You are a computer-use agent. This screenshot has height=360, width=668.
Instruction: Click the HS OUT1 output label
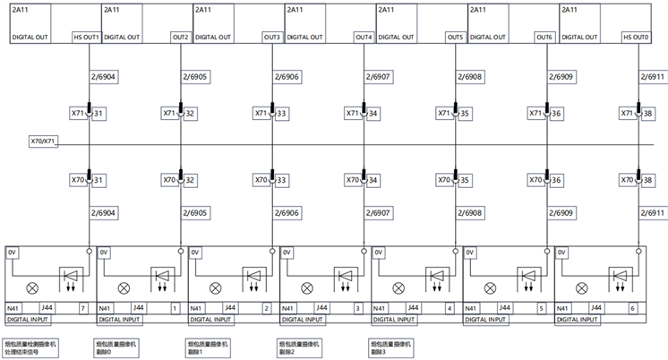86,38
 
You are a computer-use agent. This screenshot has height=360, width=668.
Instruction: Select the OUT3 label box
272,38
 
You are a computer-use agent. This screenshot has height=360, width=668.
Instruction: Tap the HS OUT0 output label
636,38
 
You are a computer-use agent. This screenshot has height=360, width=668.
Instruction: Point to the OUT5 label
455,38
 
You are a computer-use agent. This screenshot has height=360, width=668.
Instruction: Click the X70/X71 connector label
43,141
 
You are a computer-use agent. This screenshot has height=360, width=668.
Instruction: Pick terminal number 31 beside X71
99,114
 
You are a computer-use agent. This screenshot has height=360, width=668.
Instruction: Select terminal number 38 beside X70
649,180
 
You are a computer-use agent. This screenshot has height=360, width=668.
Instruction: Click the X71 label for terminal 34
353,114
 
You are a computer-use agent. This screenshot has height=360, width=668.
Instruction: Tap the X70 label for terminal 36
535,180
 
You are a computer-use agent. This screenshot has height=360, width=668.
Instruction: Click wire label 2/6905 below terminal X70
195,213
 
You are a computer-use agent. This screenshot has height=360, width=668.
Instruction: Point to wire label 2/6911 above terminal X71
653,77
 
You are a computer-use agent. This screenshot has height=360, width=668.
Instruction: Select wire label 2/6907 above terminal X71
378,77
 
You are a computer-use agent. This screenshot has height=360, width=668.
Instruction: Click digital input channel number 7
82,308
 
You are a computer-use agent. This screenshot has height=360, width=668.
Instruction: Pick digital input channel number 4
449,308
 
